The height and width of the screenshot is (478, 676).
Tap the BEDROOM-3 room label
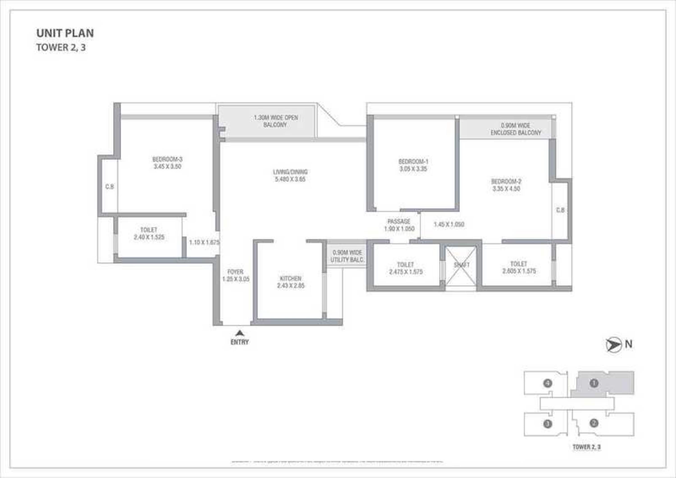(167, 159)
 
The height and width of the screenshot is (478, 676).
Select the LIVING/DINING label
(290, 172)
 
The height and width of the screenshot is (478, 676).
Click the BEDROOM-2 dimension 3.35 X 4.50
(506, 189)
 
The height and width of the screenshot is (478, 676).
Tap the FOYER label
(235, 272)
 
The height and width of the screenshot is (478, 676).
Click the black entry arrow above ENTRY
(240, 333)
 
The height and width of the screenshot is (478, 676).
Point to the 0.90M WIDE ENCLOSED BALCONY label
(516, 129)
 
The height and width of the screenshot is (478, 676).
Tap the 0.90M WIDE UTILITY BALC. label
(347, 256)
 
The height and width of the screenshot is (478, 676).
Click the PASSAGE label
(399, 221)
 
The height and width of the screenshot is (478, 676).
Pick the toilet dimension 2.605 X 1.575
(519, 271)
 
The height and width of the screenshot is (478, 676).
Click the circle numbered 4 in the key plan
(548, 383)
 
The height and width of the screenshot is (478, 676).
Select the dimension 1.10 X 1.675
(204, 242)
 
